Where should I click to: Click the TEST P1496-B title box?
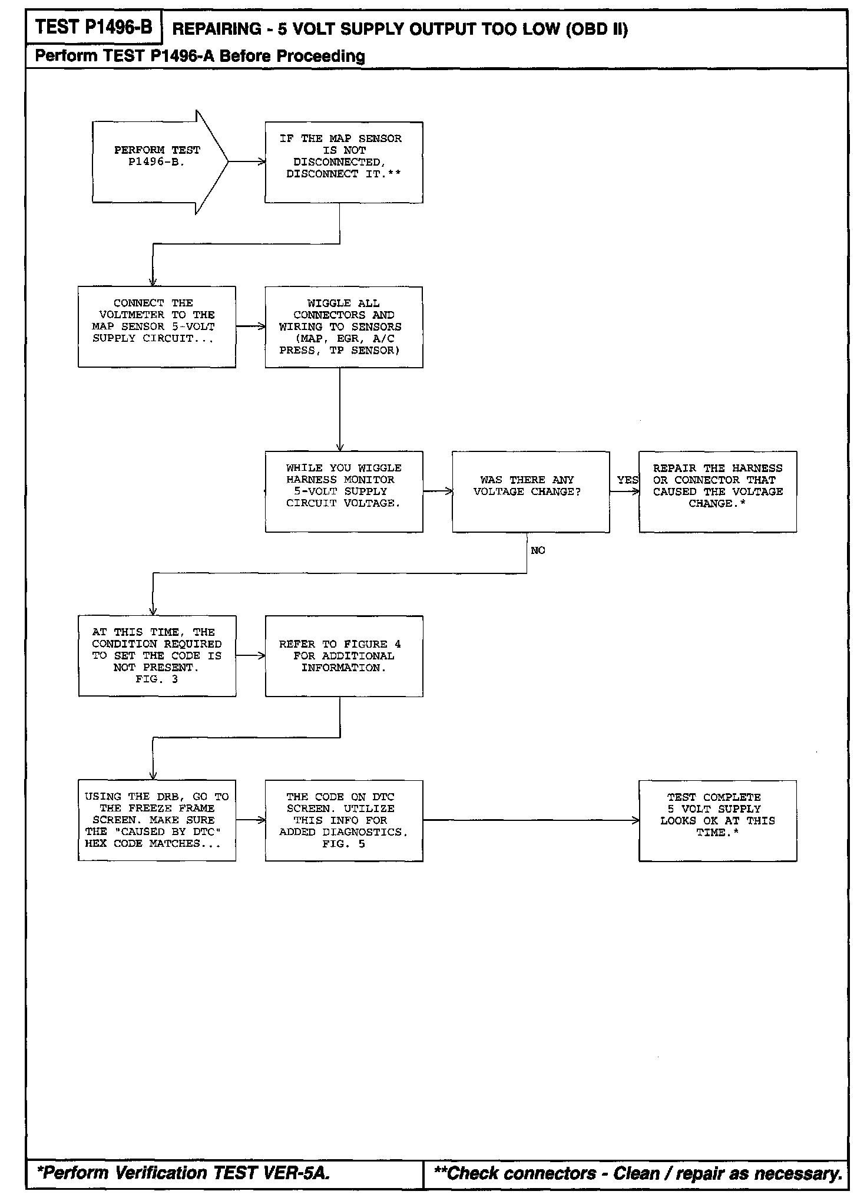(x=94, y=27)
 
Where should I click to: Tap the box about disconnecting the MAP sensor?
(x=343, y=162)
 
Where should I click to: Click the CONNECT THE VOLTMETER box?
(x=157, y=326)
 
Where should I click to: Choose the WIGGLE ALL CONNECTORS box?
(x=343, y=327)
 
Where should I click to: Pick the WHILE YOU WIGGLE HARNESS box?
(x=343, y=491)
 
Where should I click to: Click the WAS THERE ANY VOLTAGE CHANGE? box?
(x=530, y=491)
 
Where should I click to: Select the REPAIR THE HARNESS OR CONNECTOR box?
(x=717, y=491)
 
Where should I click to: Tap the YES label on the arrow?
(x=627, y=480)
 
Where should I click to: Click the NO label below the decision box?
(x=538, y=550)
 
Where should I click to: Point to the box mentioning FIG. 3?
(x=157, y=655)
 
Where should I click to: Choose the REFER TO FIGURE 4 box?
(x=343, y=655)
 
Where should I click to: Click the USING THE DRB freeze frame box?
(x=157, y=820)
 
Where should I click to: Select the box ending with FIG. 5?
(x=343, y=820)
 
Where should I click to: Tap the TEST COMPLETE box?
(x=717, y=820)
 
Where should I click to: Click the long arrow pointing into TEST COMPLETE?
(x=530, y=820)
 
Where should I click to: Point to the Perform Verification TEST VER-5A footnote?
(x=183, y=1173)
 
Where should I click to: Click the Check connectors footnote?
(x=637, y=1173)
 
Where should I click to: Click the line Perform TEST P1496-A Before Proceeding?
(x=200, y=56)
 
